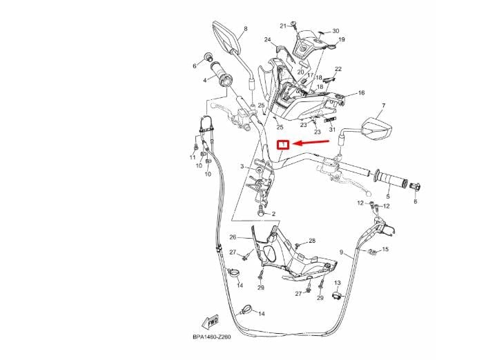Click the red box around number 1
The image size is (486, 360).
pyautogui.click(x=283, y=145)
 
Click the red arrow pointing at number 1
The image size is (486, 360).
pyautogui.click(x=311, y=142)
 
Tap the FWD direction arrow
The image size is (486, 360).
pyautogui.click(x=211, y=323)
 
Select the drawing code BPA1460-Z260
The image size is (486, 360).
pyautogui.click(x=212, y=337)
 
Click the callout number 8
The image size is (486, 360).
pyautogui.click(x=246, y=29)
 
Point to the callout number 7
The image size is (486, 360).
pyautogui.click(x=383, y=106)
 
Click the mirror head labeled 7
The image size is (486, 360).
pyautogui.click(x=376, y=128)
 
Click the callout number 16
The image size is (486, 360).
pyautogui.click(x=362, y=92)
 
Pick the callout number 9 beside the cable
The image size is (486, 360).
pyautogui.click(x=341, y=252)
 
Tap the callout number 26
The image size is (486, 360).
pyautogui.click(x=233, y=237)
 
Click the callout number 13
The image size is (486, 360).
pyautogui.click(x=338, y=283)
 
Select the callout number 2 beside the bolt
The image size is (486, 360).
pyautogui.click(x=273, y=214)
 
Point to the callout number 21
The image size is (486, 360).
pyautogui.click(x=283, y=26)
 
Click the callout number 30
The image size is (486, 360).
pyautogui.click(x=336, y=31)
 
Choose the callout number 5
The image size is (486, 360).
pyautogui.click(x=388, y=197)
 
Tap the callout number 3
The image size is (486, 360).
pyautogui.click(x=242, y=166)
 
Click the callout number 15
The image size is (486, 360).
pyautogui.click(x=385, y=249)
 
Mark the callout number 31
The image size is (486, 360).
pyautogui.click(x=332, y=130)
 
